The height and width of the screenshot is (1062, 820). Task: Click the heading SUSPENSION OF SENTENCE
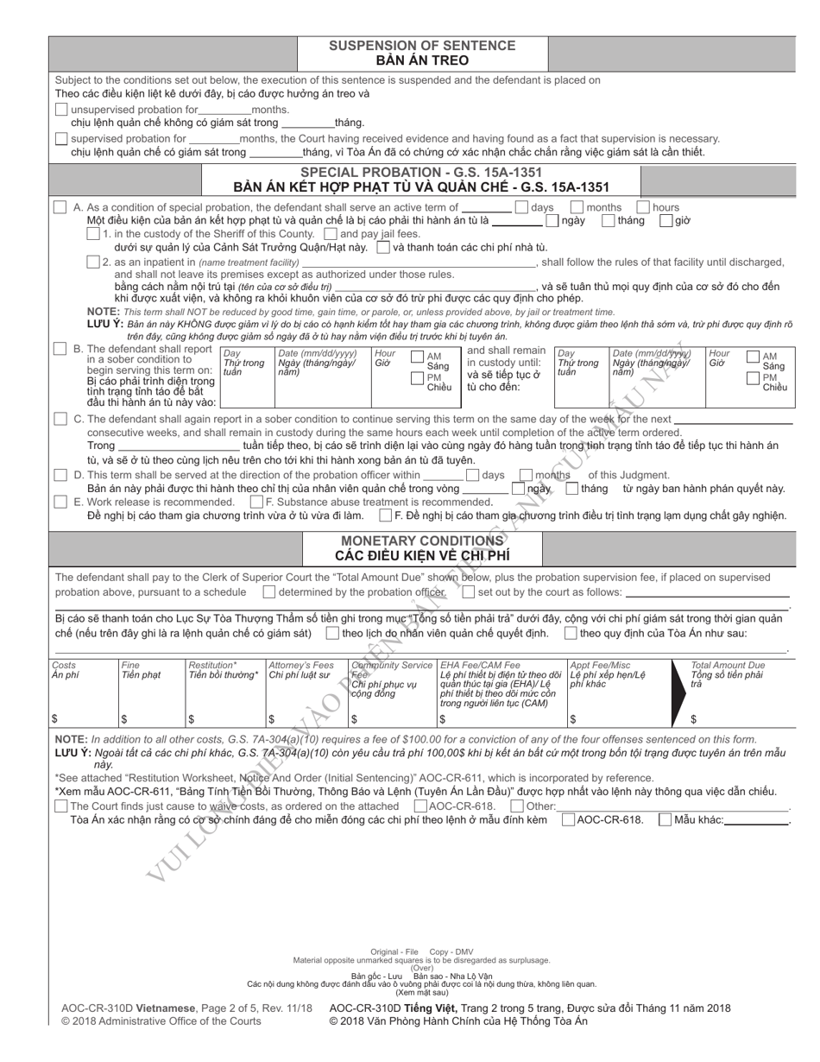[422, 46]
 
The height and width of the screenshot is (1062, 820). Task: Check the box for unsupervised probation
[60, 110]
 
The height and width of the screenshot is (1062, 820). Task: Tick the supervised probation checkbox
[60, 138]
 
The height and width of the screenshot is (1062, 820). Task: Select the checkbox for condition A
[60, 207]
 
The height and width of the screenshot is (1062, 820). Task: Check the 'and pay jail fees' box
[331, 233]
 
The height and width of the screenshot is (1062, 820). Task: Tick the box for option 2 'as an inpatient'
[93, 262]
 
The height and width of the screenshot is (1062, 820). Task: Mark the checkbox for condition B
[60, 349]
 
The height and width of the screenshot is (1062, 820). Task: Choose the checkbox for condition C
[60, 419]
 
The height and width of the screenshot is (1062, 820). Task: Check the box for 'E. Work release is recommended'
[60, 502]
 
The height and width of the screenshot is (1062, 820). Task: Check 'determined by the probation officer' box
[269, 592]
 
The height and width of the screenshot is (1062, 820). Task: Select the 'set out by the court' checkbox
[468, 592]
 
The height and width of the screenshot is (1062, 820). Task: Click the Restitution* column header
[212, 665]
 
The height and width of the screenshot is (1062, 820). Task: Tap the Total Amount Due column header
[728, 665]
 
